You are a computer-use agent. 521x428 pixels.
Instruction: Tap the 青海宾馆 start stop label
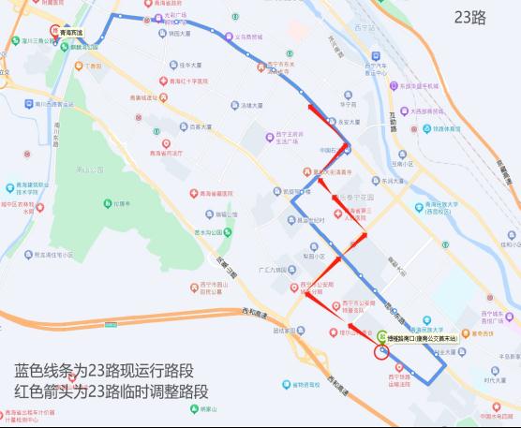point(71,33)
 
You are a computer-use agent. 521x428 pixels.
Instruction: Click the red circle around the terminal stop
point(380,352)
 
